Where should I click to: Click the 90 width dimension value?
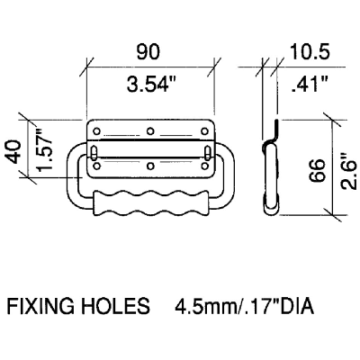148,52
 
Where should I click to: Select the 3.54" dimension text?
151,84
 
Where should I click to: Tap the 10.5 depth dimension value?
310,51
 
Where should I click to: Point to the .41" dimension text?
310,84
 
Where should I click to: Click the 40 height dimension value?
13,151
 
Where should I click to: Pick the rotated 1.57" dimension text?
45,149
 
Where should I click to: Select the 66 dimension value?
317,170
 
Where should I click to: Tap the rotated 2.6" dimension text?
349,171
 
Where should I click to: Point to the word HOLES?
115,306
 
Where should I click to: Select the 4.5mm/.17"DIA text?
245,306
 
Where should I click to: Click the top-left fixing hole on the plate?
96,131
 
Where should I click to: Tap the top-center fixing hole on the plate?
150,131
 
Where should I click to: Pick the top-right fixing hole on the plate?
204,131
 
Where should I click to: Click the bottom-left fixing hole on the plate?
96,166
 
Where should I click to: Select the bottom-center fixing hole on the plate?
150,166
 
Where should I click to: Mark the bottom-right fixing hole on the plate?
204,166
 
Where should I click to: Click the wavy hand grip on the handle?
150,203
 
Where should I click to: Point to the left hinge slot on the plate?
94,152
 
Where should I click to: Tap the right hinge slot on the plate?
207,152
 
